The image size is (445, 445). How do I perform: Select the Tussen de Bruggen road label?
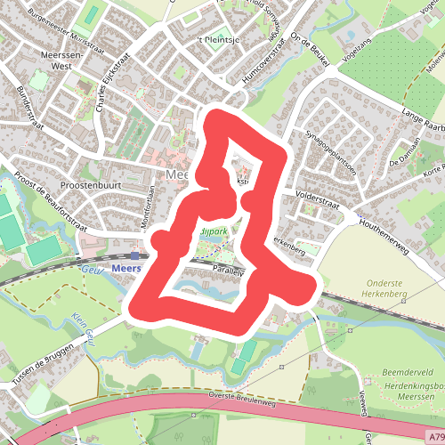point(37,367)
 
